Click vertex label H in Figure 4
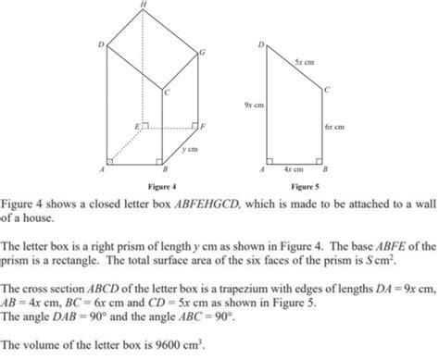142,5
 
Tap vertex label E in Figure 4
137,124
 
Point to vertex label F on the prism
203,124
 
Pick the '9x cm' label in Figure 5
252,106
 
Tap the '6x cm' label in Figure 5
334,126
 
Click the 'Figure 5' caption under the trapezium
302,186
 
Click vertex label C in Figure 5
329,89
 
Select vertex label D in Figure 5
261,43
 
